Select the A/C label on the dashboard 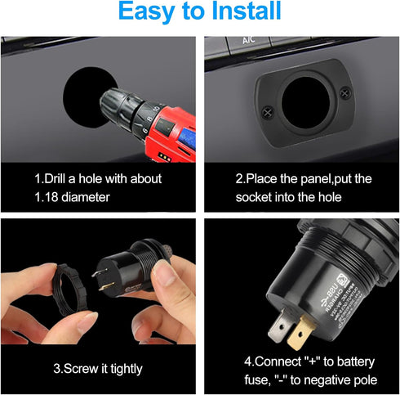point(251,39)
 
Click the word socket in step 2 point(253,197)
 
